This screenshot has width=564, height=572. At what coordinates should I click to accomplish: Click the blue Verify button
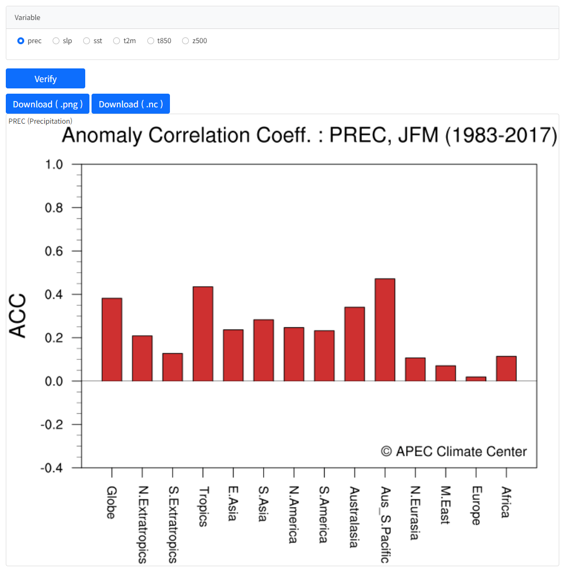click(45, 79)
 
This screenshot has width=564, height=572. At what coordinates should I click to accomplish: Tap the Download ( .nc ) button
click(130, 104)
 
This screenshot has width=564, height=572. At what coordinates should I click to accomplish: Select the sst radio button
click(87, 41)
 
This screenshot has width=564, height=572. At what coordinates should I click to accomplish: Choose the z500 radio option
click(185, 41)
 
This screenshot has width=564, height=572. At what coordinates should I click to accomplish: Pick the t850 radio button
click(151, 41)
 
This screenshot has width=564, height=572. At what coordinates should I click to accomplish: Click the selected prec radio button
click(21, 41)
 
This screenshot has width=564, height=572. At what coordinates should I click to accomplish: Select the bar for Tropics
click(203, 334)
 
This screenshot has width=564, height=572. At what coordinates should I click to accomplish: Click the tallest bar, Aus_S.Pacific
click(385, 329)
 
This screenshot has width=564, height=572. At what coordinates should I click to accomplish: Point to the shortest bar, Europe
click(476, 379)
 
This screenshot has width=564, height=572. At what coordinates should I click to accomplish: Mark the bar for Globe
click(112, 339)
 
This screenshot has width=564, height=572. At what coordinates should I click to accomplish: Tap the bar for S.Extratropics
click(173, 367)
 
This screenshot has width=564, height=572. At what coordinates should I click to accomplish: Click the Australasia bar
click(354, 344)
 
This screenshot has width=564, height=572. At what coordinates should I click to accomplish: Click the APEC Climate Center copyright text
click(454, 451)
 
